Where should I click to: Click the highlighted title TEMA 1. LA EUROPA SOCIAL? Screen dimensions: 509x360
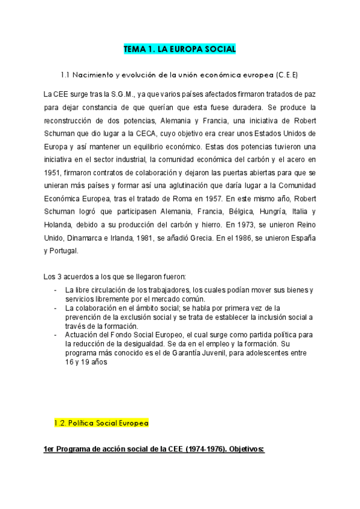coord(180,49)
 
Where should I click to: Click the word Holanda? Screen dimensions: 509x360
coord(59,225)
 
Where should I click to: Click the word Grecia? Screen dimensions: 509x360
coord(204,238)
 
